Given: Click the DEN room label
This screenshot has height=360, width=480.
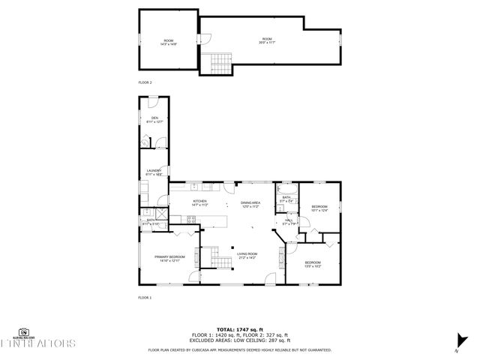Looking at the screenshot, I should (154, 120).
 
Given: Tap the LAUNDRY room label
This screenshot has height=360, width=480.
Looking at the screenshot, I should (154, 172).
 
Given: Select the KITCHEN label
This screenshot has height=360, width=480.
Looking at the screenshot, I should (199, 203).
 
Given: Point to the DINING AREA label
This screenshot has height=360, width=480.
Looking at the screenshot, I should (250, 205).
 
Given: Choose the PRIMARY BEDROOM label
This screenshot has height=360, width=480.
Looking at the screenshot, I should (169, 259).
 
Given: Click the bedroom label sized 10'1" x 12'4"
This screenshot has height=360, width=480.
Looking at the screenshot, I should (319, 208).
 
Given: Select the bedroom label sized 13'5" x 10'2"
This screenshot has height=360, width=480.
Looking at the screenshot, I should (313, 264).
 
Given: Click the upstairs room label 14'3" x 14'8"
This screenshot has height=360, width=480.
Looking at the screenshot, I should (169, 42).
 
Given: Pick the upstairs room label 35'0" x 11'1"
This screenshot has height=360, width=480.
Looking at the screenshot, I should (267, 40).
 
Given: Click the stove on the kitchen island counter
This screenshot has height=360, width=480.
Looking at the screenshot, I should (190, 220).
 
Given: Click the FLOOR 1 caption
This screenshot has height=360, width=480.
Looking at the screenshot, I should (145, 298).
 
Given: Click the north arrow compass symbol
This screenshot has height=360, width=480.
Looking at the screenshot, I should (457, 348).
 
